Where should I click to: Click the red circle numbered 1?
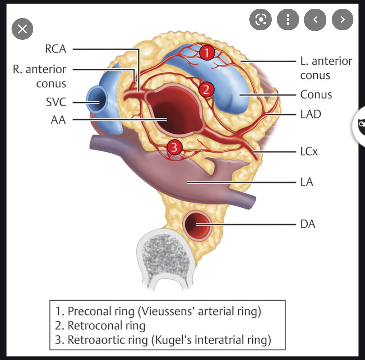206,53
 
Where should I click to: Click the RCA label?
56,49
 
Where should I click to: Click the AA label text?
59,120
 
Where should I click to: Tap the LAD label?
310,114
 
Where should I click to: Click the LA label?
306,182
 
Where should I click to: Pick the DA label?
308,224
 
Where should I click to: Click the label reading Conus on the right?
316,95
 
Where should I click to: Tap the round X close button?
22,29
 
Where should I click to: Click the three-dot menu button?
288,20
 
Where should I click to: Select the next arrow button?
342,20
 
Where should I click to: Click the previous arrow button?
315,20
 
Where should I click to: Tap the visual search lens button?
261,20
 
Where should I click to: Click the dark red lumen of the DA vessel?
196,224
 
